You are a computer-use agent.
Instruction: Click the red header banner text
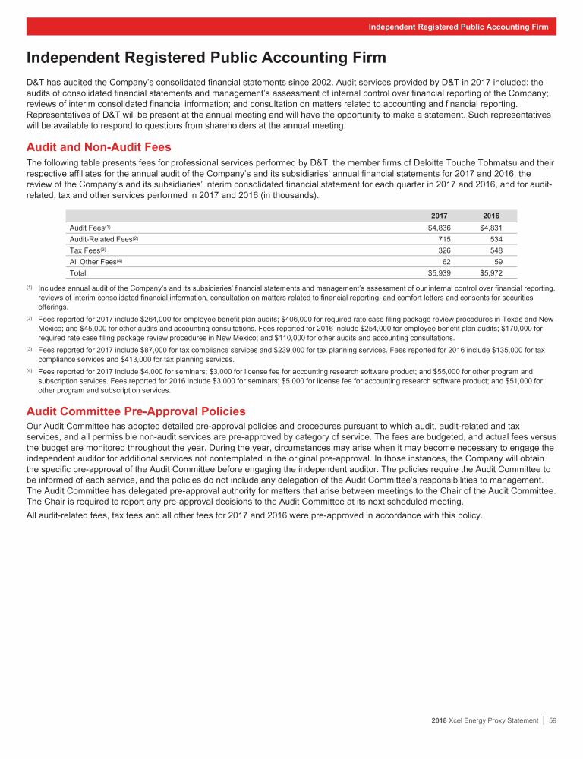pos(458,27)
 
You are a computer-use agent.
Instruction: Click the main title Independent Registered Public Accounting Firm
pos(206,58)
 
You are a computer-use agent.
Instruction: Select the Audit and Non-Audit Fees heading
pos(99,147)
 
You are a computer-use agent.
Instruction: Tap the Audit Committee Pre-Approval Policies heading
pos(136,411)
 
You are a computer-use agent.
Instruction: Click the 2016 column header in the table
pos(491,216)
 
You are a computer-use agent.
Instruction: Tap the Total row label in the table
pos(78,272)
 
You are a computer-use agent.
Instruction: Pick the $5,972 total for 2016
pos(490,272)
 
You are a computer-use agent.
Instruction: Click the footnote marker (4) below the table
pos(30,370)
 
